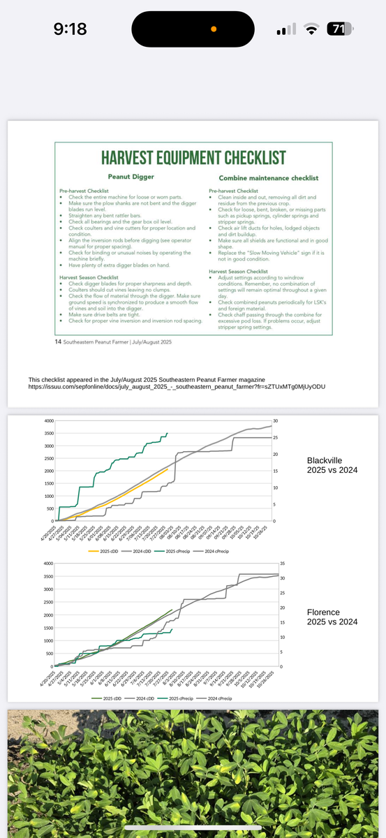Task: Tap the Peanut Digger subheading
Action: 131,177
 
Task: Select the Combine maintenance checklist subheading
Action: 268,178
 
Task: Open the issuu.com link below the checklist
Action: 177,386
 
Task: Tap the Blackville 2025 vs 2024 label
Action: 332,465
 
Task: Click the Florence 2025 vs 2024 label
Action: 332,617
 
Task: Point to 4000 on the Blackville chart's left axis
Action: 48,421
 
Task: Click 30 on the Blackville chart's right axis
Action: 275,421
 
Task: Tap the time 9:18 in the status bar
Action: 70,29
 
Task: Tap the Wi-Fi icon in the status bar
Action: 311,29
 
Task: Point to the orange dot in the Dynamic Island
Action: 214,29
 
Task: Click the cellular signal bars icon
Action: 287,29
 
